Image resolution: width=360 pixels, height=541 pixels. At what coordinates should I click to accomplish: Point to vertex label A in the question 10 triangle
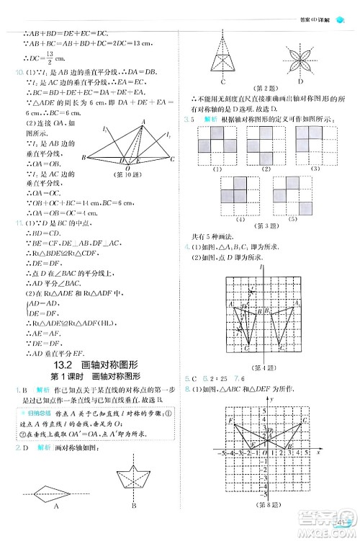(x=144, y=121)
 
